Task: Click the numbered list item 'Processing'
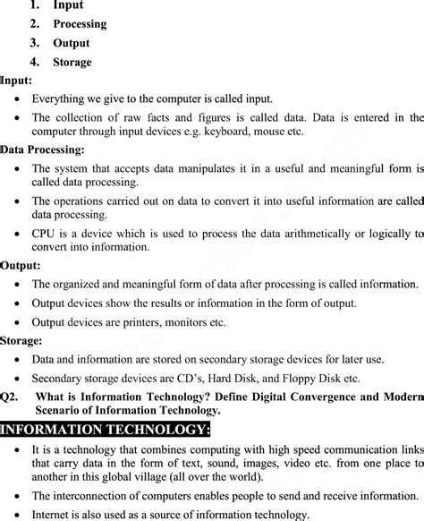(x=80, y=24)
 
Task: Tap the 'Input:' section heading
(x=17, y=81)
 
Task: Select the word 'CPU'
(x=46, y=234)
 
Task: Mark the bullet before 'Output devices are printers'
(x=18, y=322)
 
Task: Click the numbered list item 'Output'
(x=72, y=43)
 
